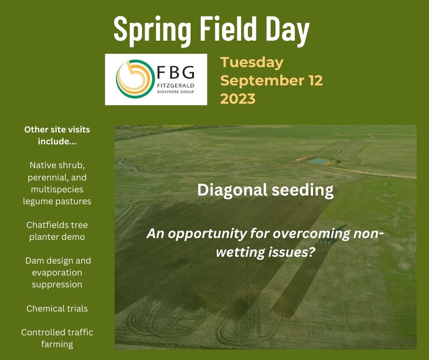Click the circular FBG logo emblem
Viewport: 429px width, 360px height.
tap(134, 79)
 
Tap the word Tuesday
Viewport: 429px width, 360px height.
tap(251, 63)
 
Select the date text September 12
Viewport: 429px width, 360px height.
tap(272, 81)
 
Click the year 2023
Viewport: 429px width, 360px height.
tap(238, 99)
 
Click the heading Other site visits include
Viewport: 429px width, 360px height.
tap(57, 135)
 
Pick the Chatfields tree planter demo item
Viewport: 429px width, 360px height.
tap(57, 231)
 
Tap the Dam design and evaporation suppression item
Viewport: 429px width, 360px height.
tap(57, 272)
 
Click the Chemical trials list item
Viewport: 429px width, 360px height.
tap(57, 308)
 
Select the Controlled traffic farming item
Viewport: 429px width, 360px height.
tap(57, 338)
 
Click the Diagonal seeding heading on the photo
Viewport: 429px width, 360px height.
tap(265, 190)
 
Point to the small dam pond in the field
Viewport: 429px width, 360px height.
tap(318, 161)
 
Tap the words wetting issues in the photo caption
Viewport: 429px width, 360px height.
tap(265, 252)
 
